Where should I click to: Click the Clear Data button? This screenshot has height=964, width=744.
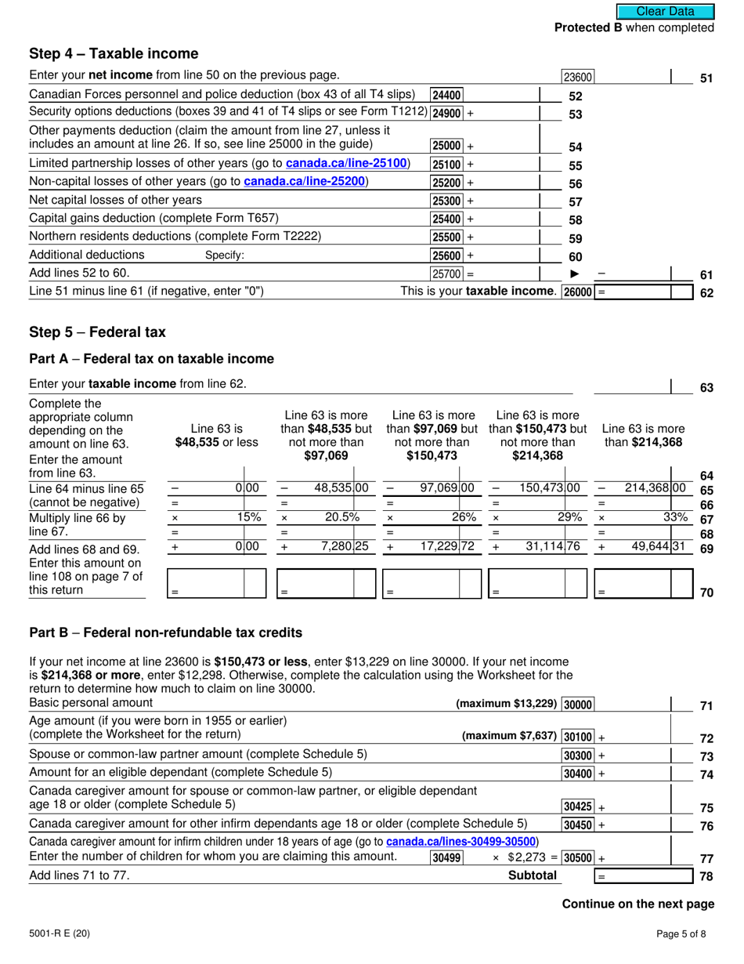(665, 11)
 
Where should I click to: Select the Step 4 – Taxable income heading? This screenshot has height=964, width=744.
(114, 53)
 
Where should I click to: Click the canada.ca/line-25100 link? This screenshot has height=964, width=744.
(348, 163)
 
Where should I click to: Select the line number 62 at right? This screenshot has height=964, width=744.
(706, 293)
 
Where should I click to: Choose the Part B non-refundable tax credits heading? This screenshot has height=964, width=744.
(165, 632)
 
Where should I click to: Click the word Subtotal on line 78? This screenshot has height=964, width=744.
(533, 875)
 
